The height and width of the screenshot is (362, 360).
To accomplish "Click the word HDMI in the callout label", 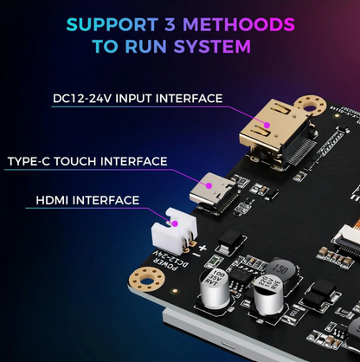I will click(55, 200).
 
